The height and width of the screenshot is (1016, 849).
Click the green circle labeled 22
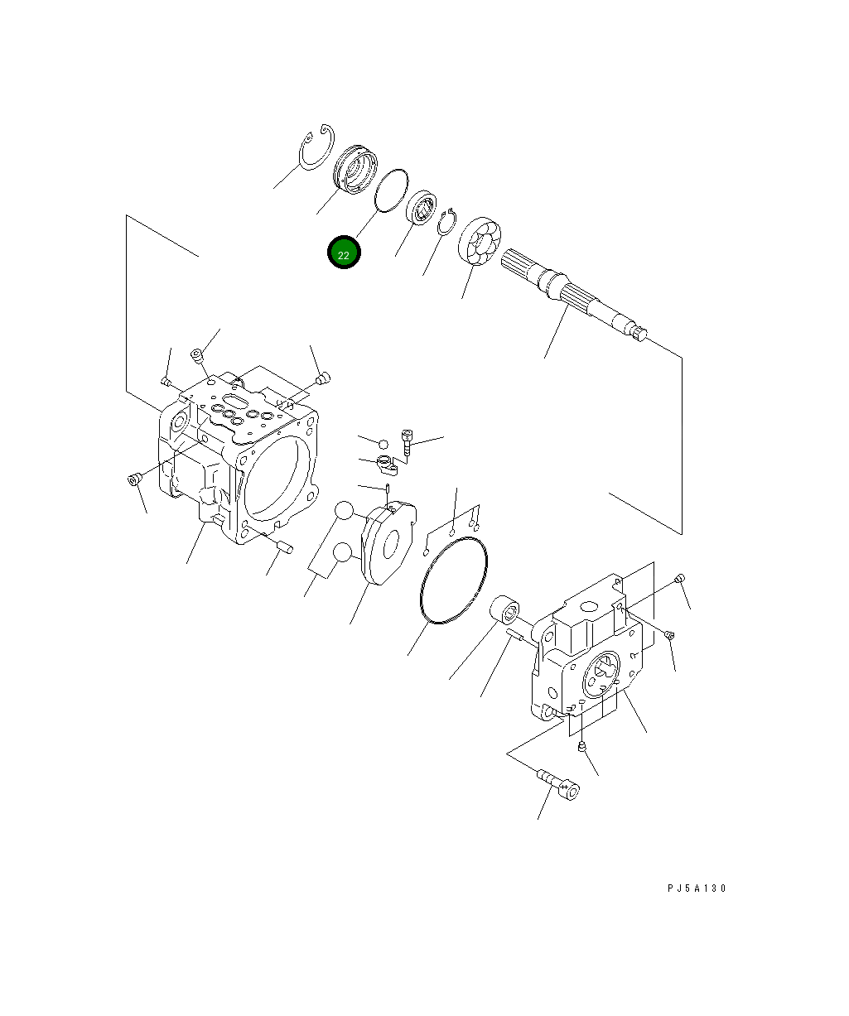pos(344,253)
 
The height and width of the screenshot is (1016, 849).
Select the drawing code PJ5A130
pos(696,888)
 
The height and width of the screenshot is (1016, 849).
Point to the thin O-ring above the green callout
pos(392,191)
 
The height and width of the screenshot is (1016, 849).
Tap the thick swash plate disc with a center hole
pos(388,543)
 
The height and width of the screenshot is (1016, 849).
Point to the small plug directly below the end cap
pos(582,748)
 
